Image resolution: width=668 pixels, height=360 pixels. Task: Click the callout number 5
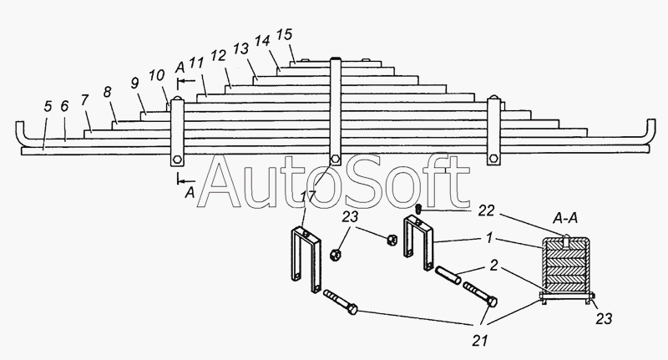[48, 106]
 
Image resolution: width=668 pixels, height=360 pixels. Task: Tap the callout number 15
[284, 34]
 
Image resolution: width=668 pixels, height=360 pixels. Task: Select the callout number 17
[308, 196]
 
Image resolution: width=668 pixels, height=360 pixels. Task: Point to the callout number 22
[486, 210]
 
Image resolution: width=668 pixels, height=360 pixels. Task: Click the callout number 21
[479, 341]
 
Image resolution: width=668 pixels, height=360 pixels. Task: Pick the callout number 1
[490, 238]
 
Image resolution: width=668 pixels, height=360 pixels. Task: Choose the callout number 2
[493, 266]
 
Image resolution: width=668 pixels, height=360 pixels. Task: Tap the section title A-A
[565, 219]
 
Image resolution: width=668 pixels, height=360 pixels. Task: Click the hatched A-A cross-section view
[566, 269]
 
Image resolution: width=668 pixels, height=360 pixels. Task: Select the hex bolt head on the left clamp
[177, 160]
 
